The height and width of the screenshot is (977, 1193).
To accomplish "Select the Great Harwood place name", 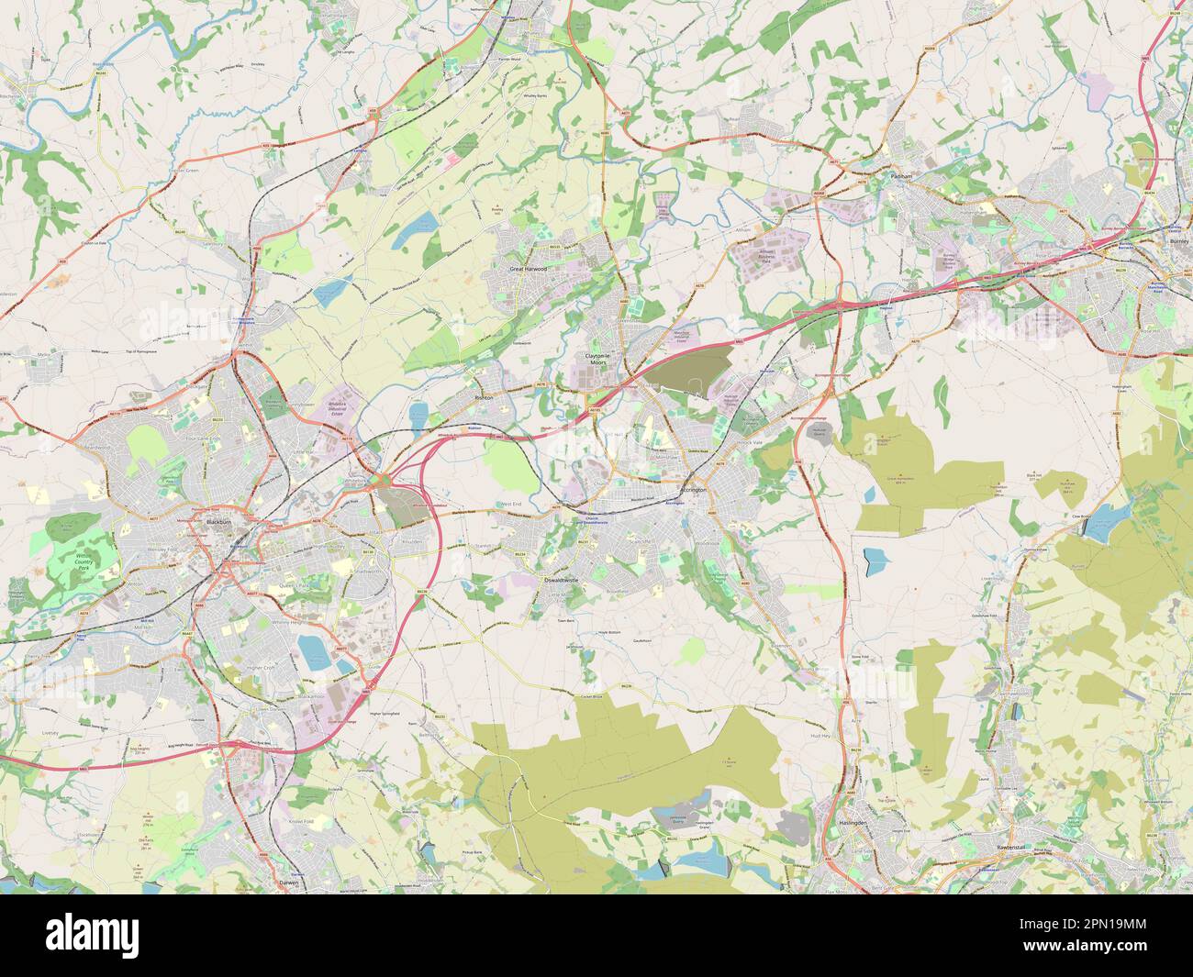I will click(528, 270).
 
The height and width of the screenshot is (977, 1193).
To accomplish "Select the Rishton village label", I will click(484, 400).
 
